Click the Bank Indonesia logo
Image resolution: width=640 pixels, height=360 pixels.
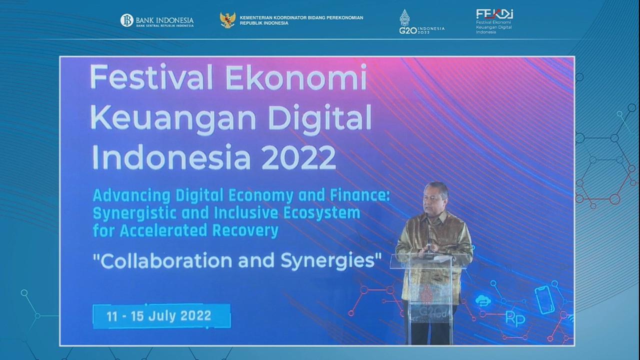(x=156, y=21)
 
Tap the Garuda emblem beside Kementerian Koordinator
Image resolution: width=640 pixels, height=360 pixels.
(x=227, y=20)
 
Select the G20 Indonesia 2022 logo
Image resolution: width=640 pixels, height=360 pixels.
(x=420, y=23)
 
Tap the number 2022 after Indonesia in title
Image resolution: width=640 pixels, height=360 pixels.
(x=298, y=157)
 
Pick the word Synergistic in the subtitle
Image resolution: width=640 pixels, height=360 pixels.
(x=141, y=212)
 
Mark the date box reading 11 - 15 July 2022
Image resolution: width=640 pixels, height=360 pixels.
(x=161, y=316)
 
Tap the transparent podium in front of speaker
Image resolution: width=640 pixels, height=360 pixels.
(x=429, y=295)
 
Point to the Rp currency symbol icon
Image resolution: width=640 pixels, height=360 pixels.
(x=515, y=317)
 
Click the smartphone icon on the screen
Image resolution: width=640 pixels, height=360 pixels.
(x=545, y=299)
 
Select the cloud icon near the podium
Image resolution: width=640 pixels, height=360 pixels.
(x=483, y=300)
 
